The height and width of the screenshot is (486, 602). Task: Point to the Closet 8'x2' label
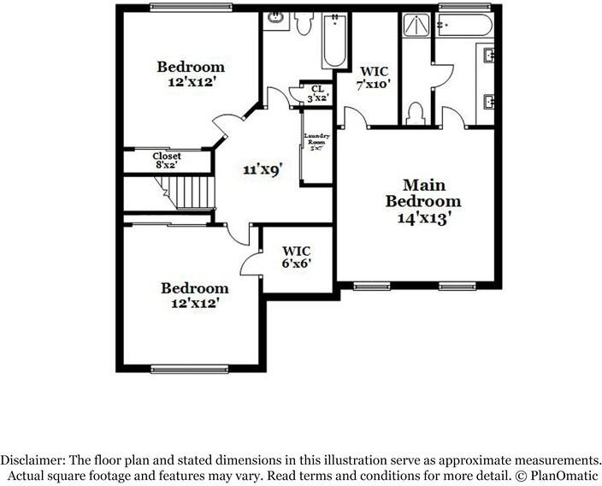[167, 160]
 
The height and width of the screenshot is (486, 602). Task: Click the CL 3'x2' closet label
[317, 92]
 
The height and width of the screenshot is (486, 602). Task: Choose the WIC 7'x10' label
[373, 78]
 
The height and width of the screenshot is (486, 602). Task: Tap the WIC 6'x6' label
[297, 257]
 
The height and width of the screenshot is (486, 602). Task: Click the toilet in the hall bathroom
[303, 23]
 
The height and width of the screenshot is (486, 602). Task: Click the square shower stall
[416, 33]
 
